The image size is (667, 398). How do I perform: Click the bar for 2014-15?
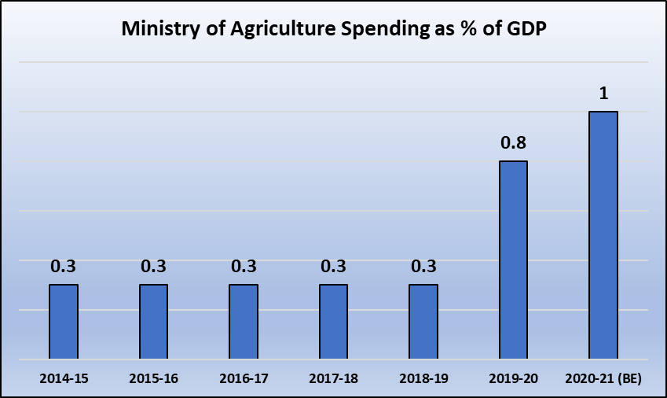pyautogui.click(x=64, y=322)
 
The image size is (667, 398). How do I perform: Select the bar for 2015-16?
pyautogui.click(x=153, y=322)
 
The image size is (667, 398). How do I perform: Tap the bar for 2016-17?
pyautogui.click(x=244, y=322)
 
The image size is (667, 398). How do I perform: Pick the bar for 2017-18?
pyautogui.click(x=333, y=322)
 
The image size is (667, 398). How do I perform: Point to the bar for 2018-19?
pyautogui.click(x=423, y=322)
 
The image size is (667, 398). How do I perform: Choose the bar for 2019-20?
pyautogui.click(x=513, y=260)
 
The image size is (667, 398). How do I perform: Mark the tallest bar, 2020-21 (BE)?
pyautogui.click(x=603, y=235)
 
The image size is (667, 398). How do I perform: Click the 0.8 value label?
pyautogui.click(x=513, y=143)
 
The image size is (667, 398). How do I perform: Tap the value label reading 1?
pyautogui.click(x=603, y=94)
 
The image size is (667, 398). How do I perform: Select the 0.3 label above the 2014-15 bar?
pyautogui.click(x=64, y=267)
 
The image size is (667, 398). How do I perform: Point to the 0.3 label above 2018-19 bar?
pyautogui.click(x=423, y=267)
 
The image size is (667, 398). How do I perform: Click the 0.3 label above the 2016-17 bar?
pyautogui.click(x=244, y=267)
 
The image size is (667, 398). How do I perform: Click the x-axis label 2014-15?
pyautogui.click(x=64, y=378)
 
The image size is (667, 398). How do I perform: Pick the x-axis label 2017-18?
pyautogui.click(x=333, y=378)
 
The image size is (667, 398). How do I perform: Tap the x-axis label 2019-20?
pyautogui.click(x=513, y=378)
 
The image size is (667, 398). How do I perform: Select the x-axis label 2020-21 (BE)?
pyautogui.click(x=603, y=378)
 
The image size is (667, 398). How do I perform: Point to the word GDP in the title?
pyautogui.click(x=524, y=31)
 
